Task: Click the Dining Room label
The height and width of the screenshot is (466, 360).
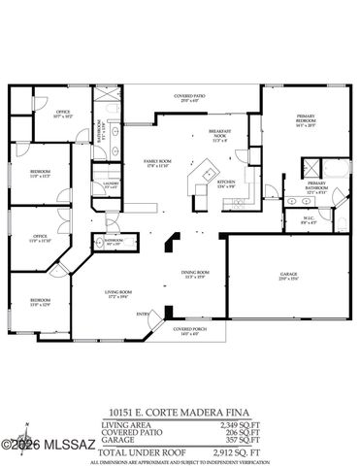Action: (195, 276)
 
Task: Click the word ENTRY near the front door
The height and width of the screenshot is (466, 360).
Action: (144, 313)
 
